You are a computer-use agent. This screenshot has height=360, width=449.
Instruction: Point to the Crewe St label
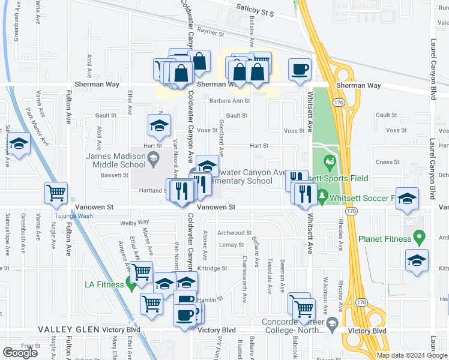(x=387, y=162)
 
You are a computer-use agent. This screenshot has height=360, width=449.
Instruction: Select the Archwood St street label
(x=235, y=233)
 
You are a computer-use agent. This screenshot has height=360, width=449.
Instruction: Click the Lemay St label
(x=231, y=245)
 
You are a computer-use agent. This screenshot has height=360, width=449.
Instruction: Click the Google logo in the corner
(x=20, y=353)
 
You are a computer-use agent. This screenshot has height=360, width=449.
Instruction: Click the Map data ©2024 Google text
(x=412, y=355)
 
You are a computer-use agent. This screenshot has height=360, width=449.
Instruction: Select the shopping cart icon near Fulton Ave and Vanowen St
(x=56, y=193)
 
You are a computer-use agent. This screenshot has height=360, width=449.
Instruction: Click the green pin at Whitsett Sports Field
(x=329, y=161)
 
